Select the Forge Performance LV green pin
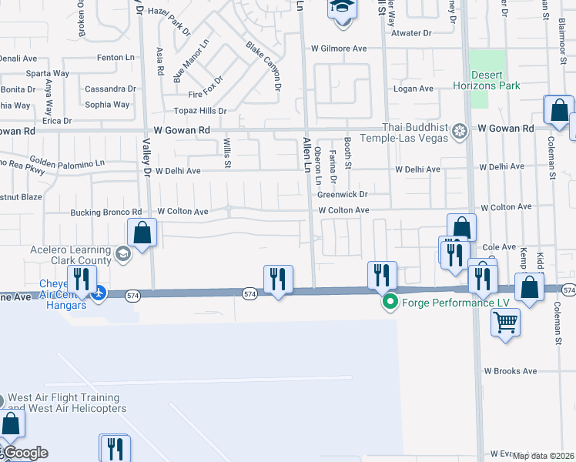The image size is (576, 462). coord(390,302)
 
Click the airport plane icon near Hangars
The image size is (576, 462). coord(99,293)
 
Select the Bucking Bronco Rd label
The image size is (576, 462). coord(106,212)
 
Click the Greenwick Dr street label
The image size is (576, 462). coord(342,195)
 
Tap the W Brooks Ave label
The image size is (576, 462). coord(510,371)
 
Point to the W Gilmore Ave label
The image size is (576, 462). coord(339,49)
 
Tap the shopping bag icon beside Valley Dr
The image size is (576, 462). coord(142,232)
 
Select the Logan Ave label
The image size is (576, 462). coord(414,89)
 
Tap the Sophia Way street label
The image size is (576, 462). coord(107,105)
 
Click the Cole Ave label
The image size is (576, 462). coord(498,247)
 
